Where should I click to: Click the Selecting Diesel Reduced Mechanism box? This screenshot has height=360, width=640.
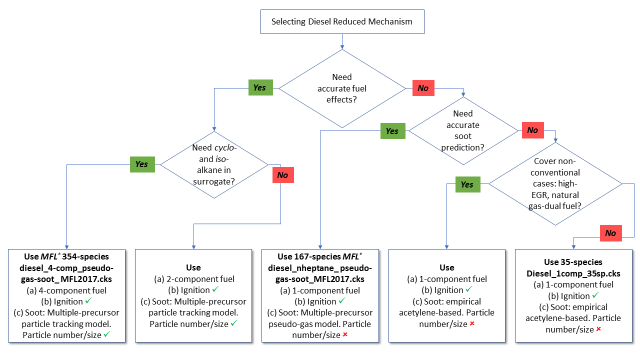pyautogui.click(x=342, y=19)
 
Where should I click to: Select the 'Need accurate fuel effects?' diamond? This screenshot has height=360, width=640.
pyautogui.click(x=342, y=87)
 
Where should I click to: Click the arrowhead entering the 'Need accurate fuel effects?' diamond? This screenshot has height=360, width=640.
pyautogui.click(x=342, y=48)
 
